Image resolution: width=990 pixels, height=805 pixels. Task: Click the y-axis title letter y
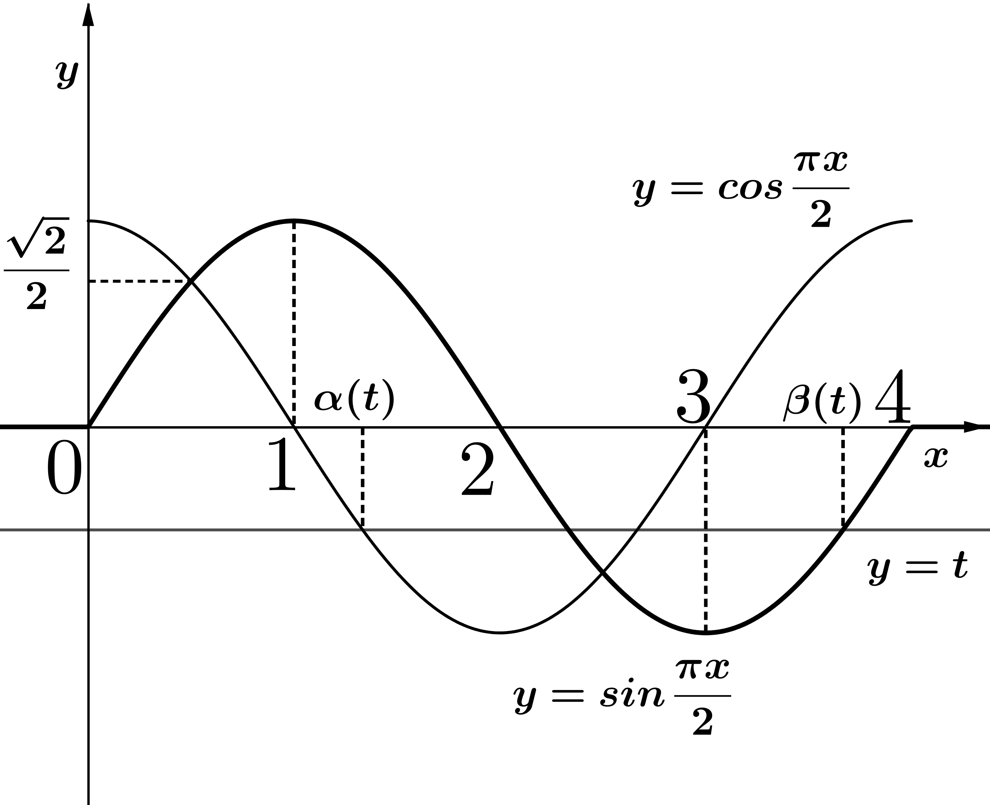point(68,75)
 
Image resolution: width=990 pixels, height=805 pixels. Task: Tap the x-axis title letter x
point(936,458)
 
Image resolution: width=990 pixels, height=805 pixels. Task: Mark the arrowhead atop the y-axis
point(88,15)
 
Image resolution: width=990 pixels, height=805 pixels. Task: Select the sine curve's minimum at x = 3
point(706,633)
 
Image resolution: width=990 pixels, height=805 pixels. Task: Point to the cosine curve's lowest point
point(500,633)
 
